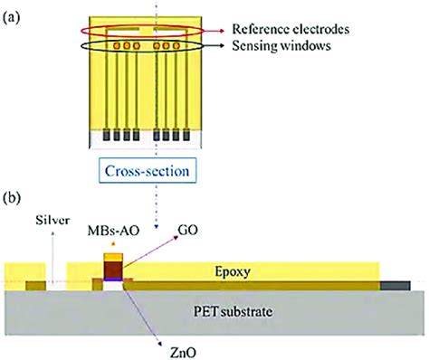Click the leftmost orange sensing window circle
[x=116, y=44]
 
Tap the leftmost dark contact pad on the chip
[x=108, y=135]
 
